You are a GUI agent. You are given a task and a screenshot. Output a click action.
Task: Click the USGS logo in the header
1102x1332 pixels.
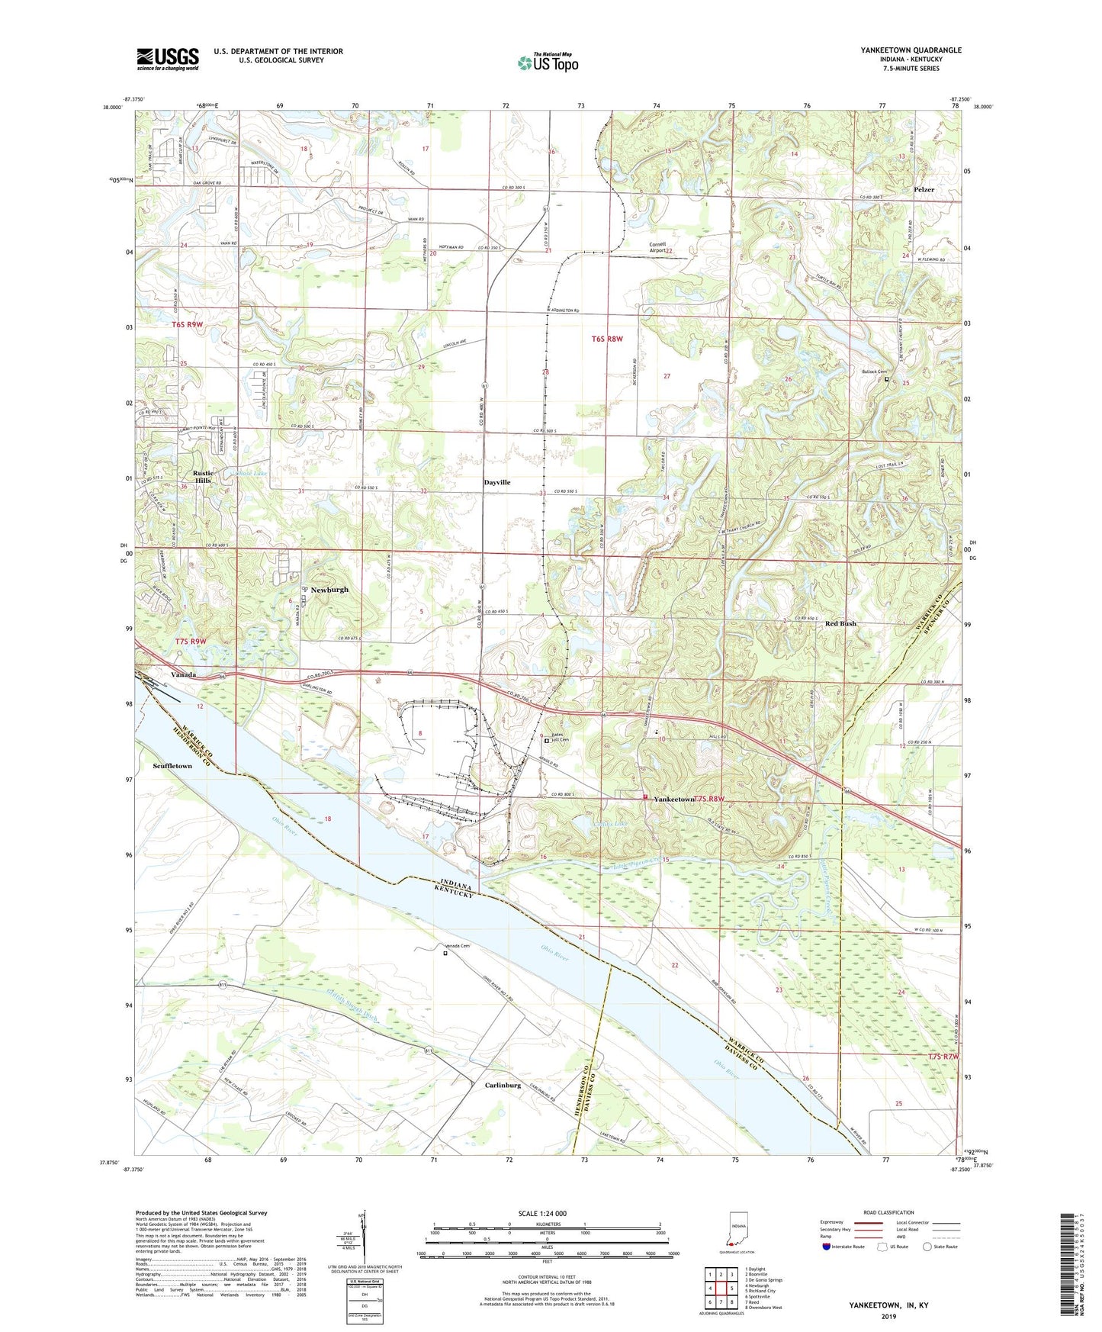168,59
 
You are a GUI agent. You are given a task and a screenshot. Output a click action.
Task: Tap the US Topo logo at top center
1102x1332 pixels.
548,62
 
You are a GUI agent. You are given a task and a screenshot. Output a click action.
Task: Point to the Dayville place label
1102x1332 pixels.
497,482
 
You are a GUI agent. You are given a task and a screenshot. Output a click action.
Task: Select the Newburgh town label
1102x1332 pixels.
329,590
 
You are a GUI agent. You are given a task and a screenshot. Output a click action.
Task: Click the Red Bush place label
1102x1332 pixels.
840,623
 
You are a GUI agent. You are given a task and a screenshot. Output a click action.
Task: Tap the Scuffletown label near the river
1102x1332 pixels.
172,765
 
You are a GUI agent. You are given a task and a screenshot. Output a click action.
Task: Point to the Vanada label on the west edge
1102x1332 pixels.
183,674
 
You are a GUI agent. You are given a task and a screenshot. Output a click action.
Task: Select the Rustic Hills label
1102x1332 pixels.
203,477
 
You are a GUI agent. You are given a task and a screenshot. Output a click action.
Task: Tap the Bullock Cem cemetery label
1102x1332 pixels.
875,372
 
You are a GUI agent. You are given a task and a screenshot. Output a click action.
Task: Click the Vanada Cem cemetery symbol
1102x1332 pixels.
445,952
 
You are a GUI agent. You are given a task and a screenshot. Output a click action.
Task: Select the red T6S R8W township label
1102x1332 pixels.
607,338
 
